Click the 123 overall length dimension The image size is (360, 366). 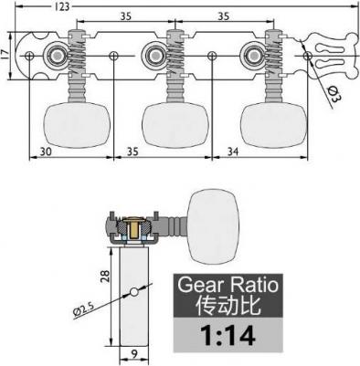pyautogui.click(x=62, y=6)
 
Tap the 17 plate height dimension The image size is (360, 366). pyautogui.click(x=5, y=55)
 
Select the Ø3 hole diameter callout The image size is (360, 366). pyautogui.click(x=334, y=94)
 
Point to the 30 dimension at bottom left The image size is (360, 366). pyautogui.click(x=46, y=152)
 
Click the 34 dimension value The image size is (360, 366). pyautogui.click(x=233, y=152)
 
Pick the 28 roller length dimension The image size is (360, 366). pyautogui.click(x=105, y=277)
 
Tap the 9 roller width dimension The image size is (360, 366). pyautogui.click(x=134, y=354)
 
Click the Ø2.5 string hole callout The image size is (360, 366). pyautogui.click(x=83, y=309)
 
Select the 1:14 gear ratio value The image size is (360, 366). pyautogui.click(x=228, y=335)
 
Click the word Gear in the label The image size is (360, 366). pyautogui.click(x=201, y=285)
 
